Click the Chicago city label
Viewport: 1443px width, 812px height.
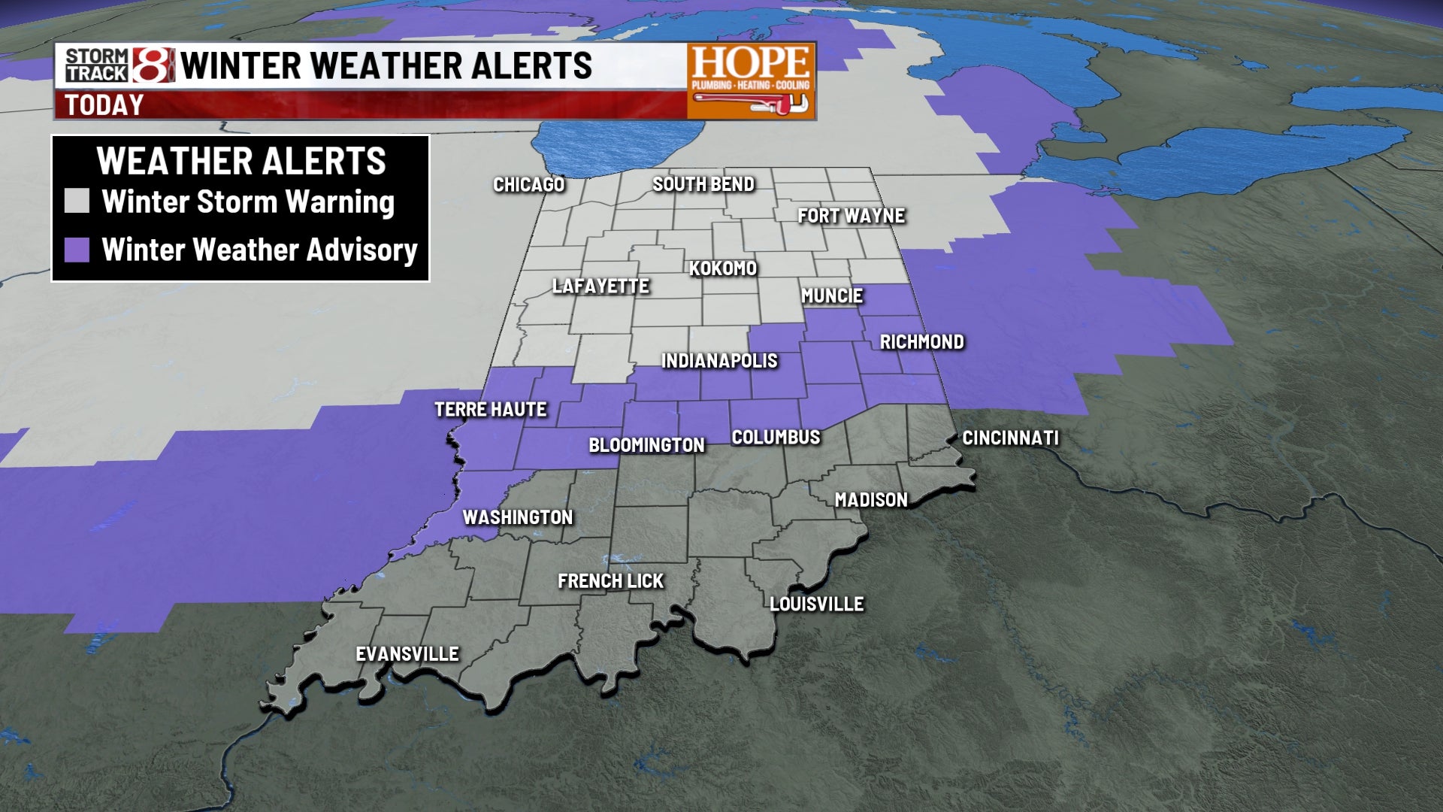pos(528,185)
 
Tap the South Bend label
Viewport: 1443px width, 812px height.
pos(703,184)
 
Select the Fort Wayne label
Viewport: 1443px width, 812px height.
pos(851,216)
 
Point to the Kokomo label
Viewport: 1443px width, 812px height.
pos(723,268)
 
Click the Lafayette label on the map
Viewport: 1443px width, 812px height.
pos(600,286)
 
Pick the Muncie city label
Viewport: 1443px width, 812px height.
pos(832,296)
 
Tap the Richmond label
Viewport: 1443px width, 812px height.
pos(921,342)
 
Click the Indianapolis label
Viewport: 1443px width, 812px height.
pos(719,361)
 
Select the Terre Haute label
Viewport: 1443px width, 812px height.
pos(491,410)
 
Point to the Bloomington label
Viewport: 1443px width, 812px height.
pos(646,445)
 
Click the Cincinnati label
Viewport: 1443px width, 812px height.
pos(1010,438)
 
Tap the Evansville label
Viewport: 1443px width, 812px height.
pos(407,654)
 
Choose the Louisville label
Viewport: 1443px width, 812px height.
pos(817,604)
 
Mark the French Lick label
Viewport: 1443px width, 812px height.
pos(611,581)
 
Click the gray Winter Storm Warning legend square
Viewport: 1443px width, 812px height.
pos(77,201)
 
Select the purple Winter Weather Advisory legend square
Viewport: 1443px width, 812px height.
pos(77,249)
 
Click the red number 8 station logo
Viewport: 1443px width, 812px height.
pos(153,65)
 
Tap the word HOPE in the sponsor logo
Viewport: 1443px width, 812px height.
pos(750,62)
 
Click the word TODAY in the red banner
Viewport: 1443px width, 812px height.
pos(104,105)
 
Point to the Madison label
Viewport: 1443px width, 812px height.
pos(871,500)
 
